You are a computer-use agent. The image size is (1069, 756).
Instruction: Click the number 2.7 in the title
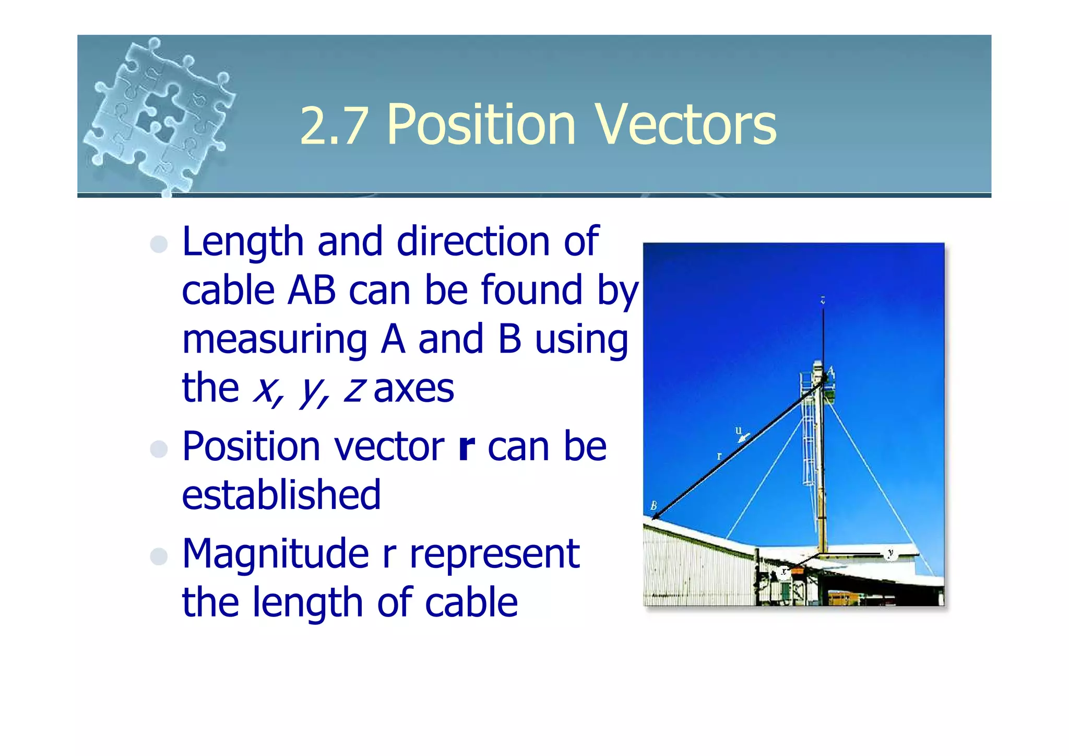pyautogui.click(x=333, y=126)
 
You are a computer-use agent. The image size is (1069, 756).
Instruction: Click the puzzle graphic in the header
pyautogui.click(x=159, y=115)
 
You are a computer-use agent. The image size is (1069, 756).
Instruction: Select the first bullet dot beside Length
pyautogui.click(x=159, y=244)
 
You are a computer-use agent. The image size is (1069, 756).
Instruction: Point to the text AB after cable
pyautogui.click(x=311, y=290)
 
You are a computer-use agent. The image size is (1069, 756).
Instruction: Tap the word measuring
pyautogui.click(x=275, y=340)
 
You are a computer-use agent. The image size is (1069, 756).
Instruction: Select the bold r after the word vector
pyautogui.click(x=466, y=447)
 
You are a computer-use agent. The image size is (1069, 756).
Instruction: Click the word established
pyautogui.click(x=281, y=495)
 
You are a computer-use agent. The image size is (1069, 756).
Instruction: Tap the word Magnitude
pyautogui.click(x=275, y=554)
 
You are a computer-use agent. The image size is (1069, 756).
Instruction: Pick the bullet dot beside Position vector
pyautogui.click(x=159, y=449)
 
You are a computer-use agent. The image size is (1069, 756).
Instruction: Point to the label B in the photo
pyautogui.click(x=654, y=506)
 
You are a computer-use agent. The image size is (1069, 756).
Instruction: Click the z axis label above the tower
pyautogui.click(x=823, y=300)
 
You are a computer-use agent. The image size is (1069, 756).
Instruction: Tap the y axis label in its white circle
pyautogui.click(x=890, y=553)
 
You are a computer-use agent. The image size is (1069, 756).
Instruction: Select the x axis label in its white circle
pyautogui.click(x=783, y=572)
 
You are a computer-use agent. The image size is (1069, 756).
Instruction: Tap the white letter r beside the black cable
pyautogui.click(x=719, y=456)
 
